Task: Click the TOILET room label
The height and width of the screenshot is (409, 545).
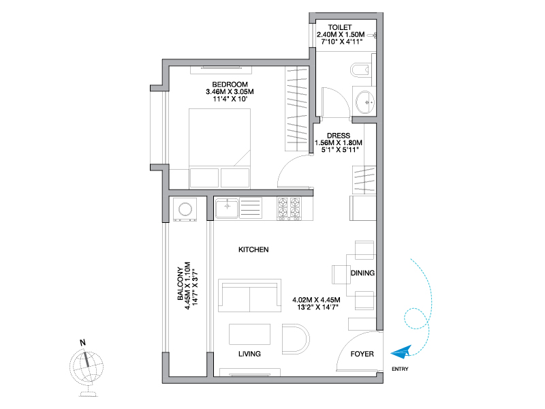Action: (340, 27)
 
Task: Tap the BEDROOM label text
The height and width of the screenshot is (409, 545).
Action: (230, 85)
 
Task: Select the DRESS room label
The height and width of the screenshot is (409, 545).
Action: (339, 136)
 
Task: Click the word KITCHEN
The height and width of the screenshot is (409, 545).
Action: (253, 249)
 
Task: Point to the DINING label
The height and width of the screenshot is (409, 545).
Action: (362, 273)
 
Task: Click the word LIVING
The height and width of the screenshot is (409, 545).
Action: (249, 354)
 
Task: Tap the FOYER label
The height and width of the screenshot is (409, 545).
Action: (362, 354)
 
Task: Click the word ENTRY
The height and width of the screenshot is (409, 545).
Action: (400, 369)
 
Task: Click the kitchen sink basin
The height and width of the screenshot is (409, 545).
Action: (227, 208)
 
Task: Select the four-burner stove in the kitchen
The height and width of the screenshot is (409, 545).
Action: (289, 209)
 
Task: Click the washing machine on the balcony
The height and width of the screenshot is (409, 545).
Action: (185, 210)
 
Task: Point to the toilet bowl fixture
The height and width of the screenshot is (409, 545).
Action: (360, 70)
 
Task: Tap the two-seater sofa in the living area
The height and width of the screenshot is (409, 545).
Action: (249, 295)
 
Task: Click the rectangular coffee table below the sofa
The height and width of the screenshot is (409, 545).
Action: (249, 334)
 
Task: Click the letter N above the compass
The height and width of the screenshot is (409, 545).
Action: (82, 343)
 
